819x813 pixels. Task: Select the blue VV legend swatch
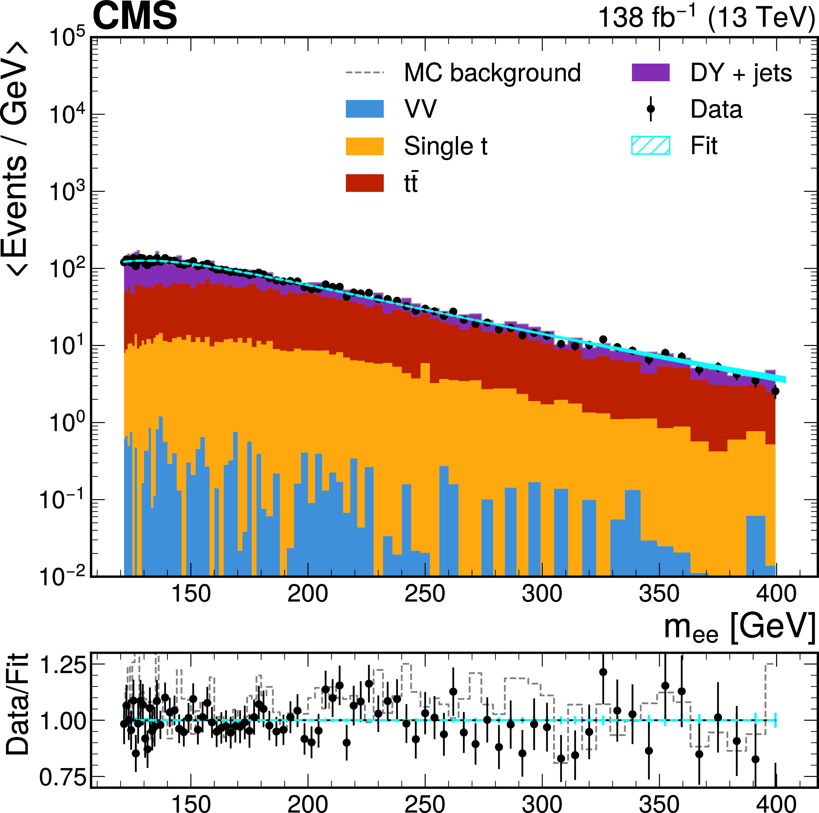365,109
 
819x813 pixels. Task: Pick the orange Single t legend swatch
365,146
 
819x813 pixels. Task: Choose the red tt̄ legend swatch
365,183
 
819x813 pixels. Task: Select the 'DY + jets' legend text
741,73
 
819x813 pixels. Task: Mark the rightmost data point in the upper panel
775,391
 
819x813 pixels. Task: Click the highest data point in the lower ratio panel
603,672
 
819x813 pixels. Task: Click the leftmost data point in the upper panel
124,262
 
